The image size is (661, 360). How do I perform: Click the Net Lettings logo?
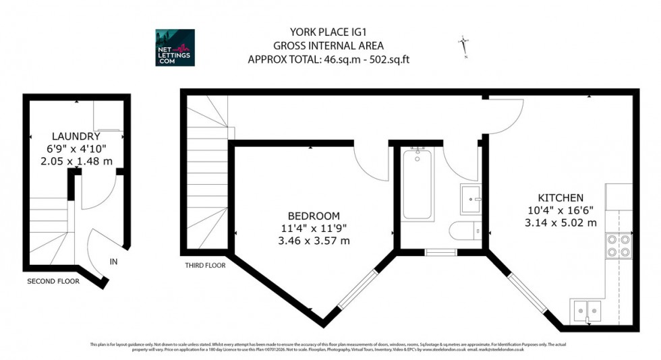coord(175,47)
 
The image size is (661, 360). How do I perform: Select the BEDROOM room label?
coord(314,216)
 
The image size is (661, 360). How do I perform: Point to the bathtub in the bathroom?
coord(418,183)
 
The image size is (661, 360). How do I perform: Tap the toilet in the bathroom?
coord(465,231)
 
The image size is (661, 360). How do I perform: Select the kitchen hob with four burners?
coord(619,246)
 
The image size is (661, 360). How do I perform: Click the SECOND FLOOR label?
coord(53,281)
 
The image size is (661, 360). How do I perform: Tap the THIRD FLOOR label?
coord(205,266)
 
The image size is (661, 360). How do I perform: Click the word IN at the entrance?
coord(114,261)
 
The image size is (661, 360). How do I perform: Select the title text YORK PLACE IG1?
coord(328,32)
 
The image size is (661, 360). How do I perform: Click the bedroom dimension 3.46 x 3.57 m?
coord(314,240)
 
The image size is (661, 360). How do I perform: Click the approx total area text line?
coord(328,59)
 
